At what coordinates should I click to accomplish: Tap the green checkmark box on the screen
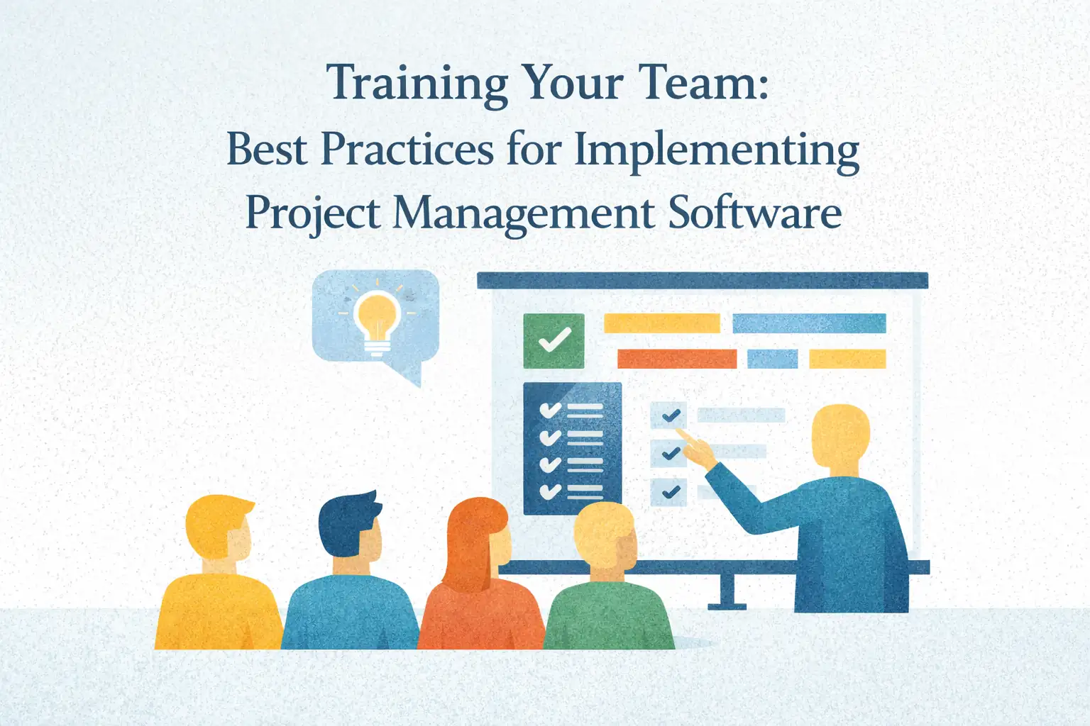click(x=554, y=341)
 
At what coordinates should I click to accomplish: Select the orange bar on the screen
click(x=676, y=359)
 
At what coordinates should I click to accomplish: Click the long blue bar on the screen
click(x=809, y=323)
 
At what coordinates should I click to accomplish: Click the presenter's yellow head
click(x=840, y=437)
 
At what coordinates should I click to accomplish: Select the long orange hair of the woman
click(x=468, y=539)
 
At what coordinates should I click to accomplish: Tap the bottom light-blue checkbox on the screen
click(x=668, y=491)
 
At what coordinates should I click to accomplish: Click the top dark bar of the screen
click(x=702, y=281)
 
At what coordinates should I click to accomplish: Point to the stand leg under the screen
click(x=727, y=591)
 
